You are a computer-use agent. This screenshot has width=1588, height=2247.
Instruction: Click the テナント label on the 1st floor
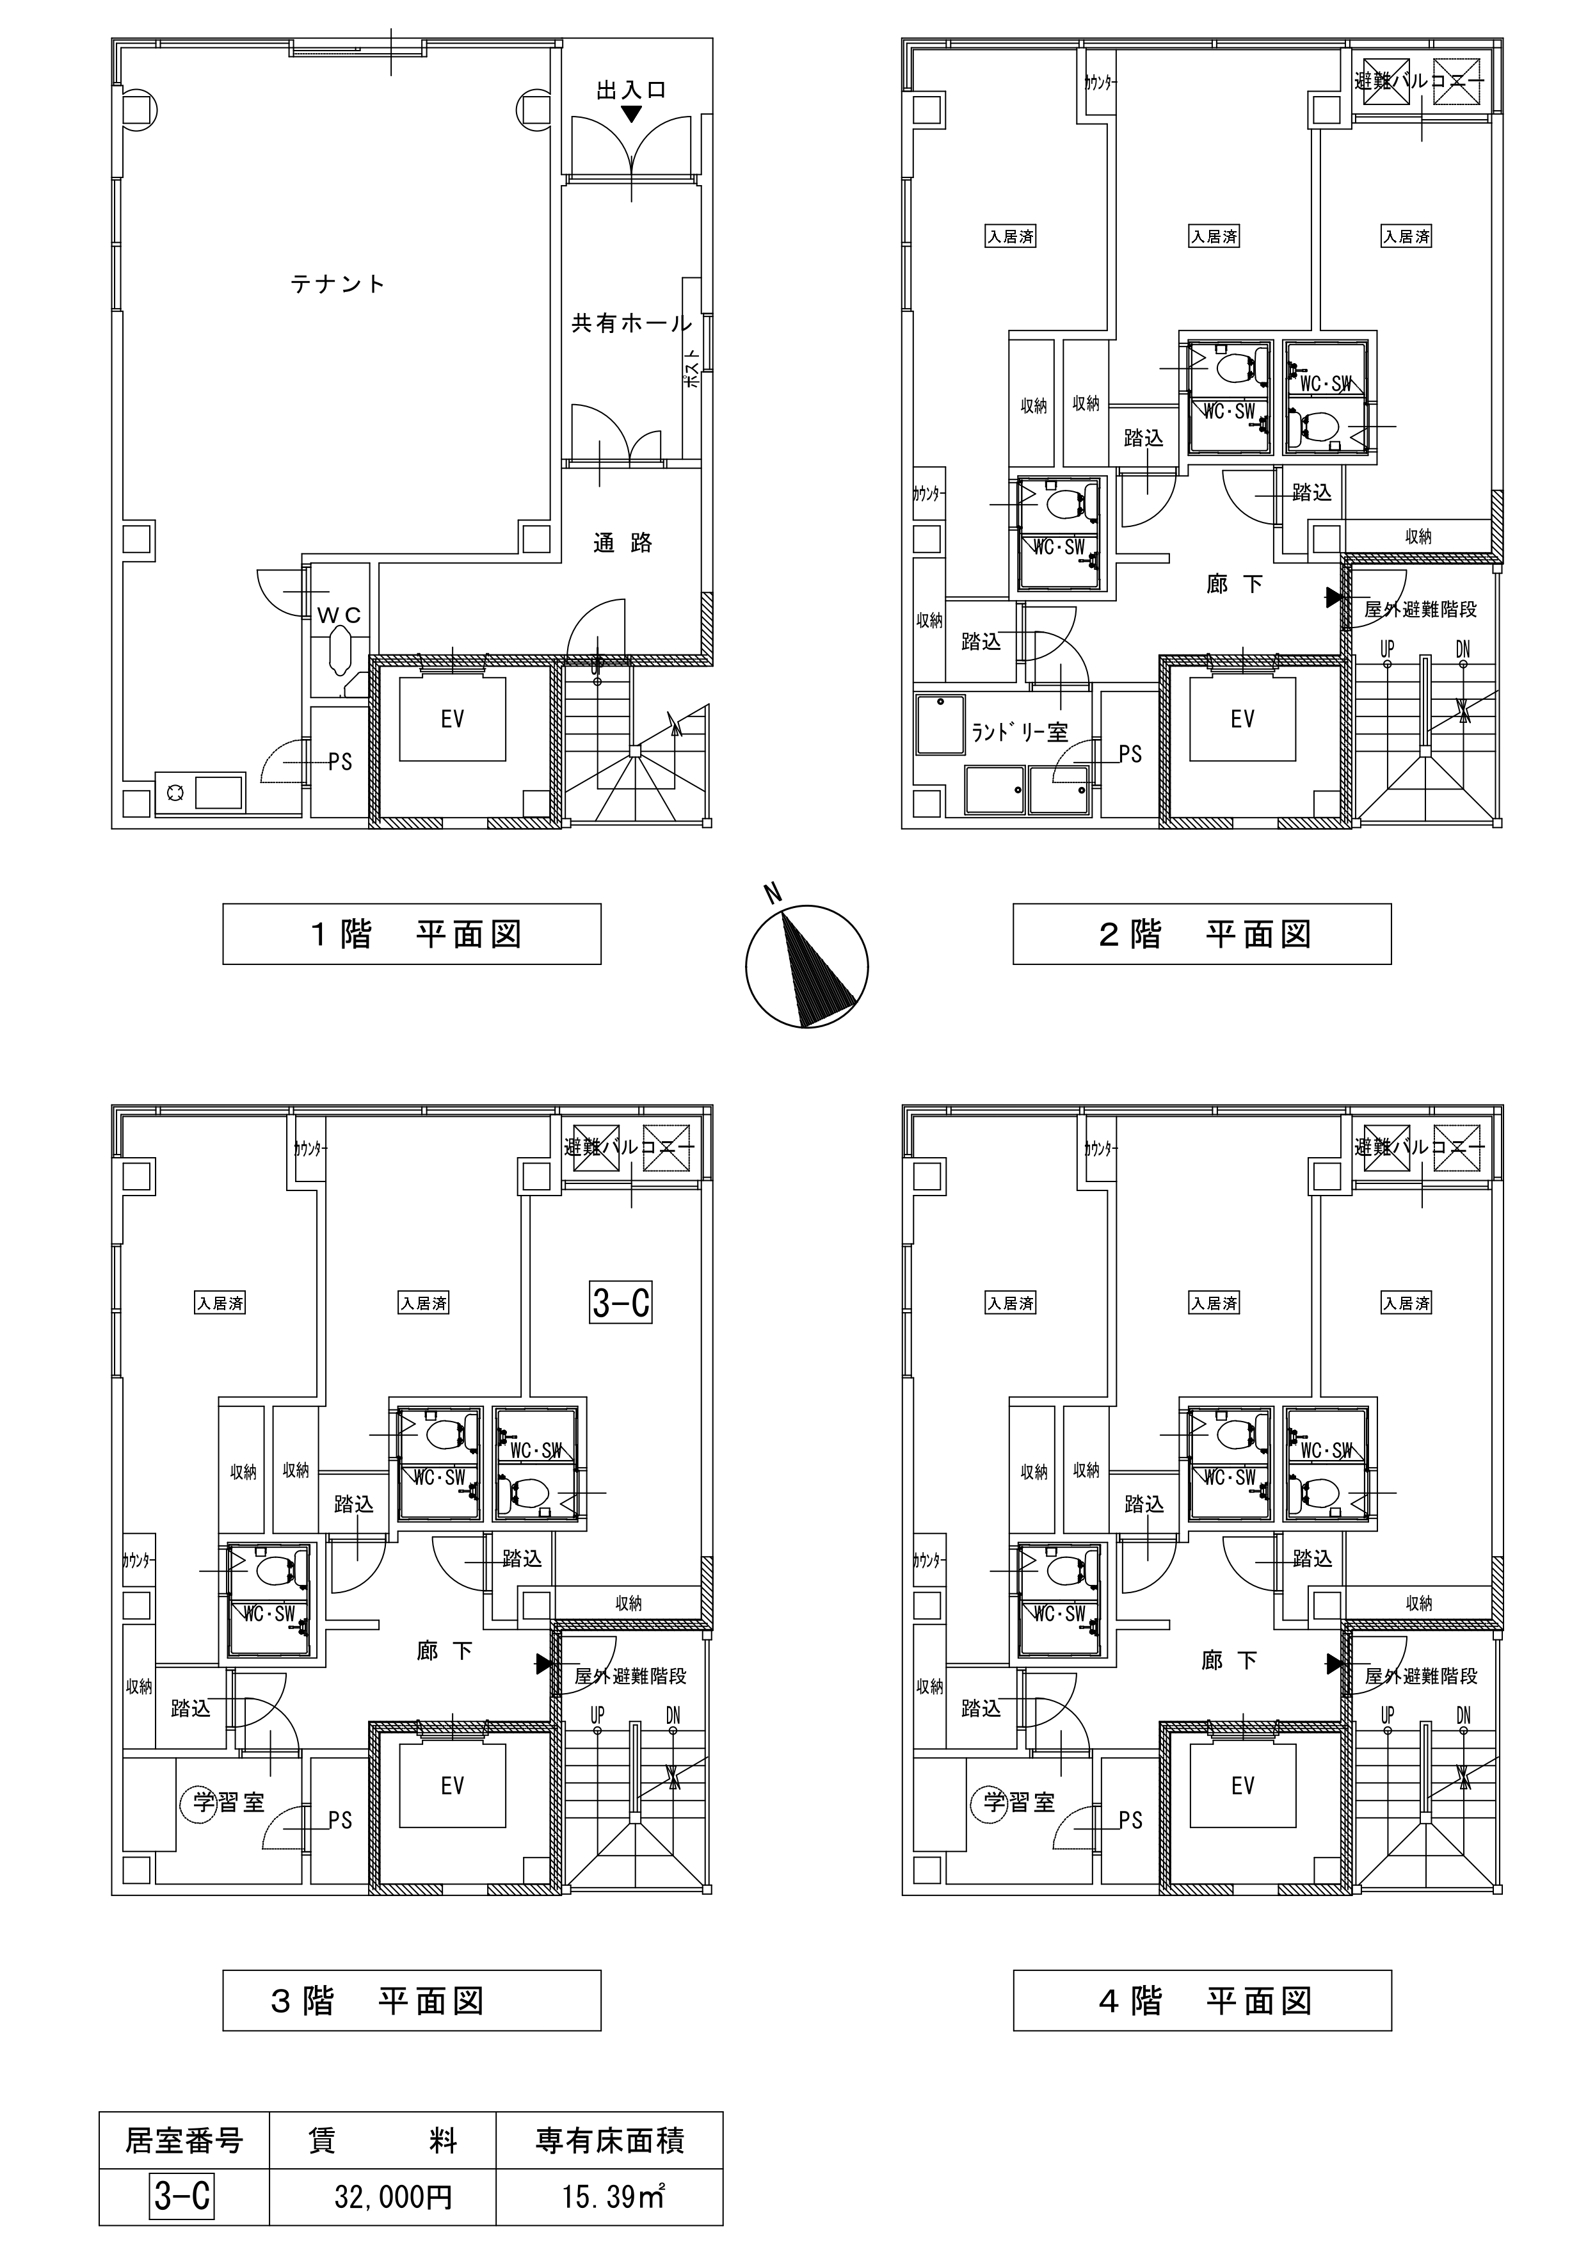(x=337, y=284)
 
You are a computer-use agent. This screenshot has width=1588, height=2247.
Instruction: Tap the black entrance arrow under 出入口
(x=632, y=113)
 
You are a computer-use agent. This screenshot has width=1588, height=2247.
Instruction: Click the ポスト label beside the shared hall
(x=692, y=370)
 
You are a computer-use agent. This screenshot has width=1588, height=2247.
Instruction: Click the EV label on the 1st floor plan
(x=452, y=719)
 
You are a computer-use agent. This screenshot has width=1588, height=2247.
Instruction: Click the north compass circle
(x=807, y=967)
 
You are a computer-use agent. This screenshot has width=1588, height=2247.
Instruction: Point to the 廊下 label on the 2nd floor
(x=1234, y=585)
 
